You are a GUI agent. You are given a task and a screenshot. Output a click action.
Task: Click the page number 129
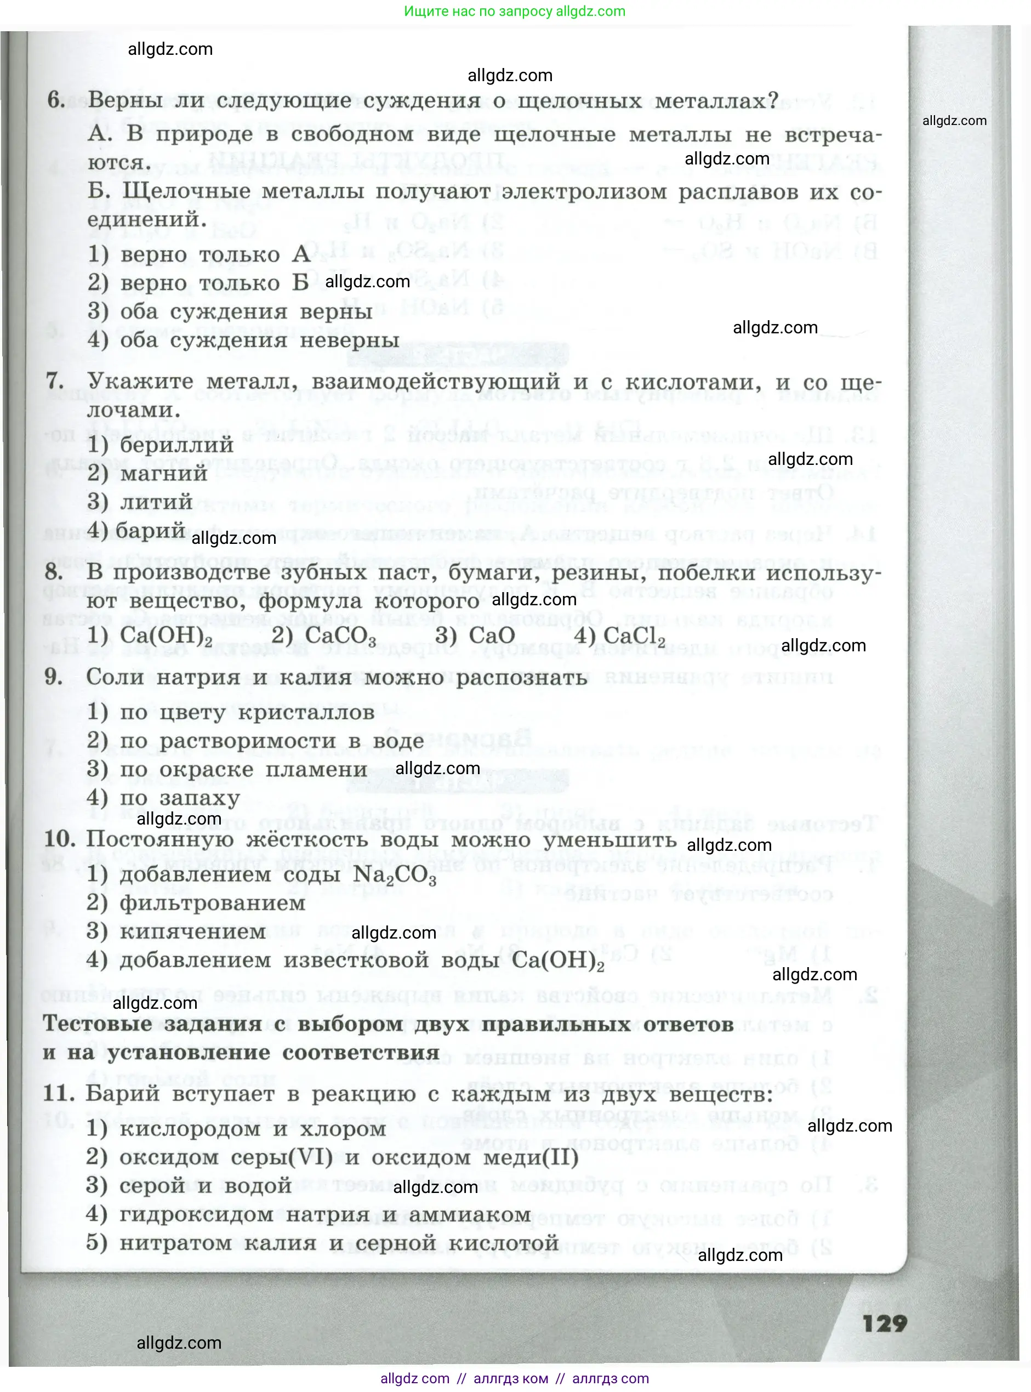884,1323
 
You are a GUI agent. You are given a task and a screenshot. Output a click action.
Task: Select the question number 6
56,100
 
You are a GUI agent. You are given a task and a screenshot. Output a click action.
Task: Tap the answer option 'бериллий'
176,445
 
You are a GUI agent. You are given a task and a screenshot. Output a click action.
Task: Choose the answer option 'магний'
163,473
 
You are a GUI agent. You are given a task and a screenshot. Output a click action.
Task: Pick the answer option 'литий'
156,502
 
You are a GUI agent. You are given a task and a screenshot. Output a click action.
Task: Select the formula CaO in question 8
492,635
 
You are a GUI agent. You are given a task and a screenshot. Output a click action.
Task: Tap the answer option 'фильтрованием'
212,904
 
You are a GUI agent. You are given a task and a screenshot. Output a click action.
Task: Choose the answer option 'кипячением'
193,932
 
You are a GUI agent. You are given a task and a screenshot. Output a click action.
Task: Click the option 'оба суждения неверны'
259,341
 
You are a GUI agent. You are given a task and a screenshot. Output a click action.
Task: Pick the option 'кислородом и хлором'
252,1129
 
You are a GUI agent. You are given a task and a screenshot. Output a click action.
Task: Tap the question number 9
54,677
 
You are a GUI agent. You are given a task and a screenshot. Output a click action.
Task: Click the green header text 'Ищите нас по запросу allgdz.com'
515,11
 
